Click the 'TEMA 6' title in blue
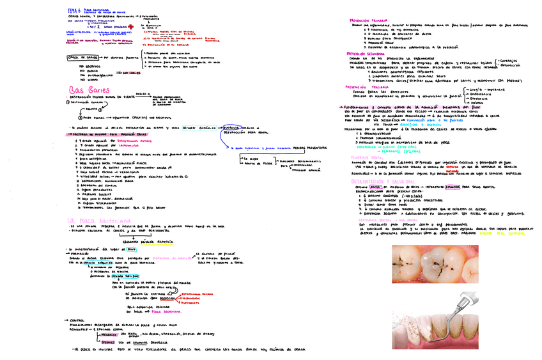(x=75, y=11)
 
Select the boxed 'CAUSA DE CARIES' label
(x=82, y=58)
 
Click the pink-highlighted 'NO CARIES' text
(x=131, y=72)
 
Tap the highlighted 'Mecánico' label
(x=109, y=334)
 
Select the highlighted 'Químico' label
(x=108, y=341)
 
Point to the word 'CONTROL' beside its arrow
(x=76, y=320)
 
